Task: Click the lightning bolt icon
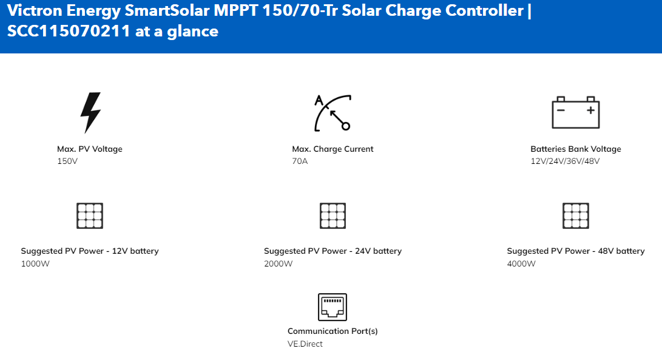(90, 112)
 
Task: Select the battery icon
(575, 112)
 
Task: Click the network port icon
(333, 307)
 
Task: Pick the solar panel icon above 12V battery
(90, 216)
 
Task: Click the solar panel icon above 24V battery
(333, 216)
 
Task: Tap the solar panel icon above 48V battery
(575, 216)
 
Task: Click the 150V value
(67, 161)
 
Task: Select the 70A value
(300, 161)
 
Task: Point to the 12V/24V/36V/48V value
(565, 161)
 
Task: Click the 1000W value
(35, 263)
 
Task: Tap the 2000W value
(279, 263)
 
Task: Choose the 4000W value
(521, 263)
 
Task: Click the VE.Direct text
(305, 344)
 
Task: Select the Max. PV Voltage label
(90, 149)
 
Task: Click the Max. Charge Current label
(333, 149)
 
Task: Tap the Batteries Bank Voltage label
(576, 149)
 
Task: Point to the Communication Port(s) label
(333, 331)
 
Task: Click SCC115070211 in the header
(69, 32)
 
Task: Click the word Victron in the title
(35, 10)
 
